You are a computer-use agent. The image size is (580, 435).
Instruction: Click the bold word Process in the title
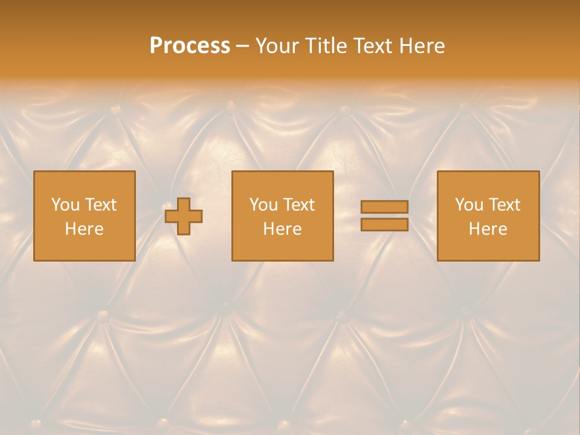tap(190, 46)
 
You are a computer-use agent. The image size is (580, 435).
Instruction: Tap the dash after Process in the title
tap(242, 47)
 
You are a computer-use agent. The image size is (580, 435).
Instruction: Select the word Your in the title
tap(277, 46)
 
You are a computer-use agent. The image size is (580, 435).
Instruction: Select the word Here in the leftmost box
tap(84, 229)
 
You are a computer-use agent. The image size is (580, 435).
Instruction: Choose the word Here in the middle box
tap(282, 229)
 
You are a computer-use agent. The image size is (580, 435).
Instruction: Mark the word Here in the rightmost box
tap(488, 229)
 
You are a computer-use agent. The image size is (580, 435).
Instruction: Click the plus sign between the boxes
tap(184, 216)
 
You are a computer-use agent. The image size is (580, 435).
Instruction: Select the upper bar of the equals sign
tap(384, 207)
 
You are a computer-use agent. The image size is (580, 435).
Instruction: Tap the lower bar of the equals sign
tap(384, 225)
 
